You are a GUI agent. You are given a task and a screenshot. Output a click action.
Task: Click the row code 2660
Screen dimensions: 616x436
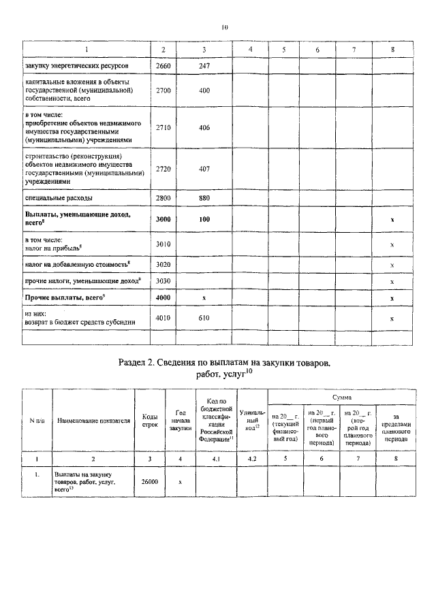[x=163, y=66]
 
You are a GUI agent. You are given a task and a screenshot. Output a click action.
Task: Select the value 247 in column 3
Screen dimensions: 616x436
[x=204, y=66]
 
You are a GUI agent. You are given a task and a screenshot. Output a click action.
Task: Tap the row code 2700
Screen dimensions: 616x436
[x=163, y=90]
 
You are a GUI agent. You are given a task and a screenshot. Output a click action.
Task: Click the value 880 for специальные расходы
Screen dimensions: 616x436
[x=204, y=197]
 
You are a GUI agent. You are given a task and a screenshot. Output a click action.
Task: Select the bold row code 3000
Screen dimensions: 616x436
[x=163, y=220]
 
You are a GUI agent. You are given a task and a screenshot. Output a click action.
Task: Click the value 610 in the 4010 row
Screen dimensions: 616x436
[x=204, y=317]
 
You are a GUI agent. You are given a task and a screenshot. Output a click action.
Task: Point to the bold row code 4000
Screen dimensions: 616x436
[x=163, y=298]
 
